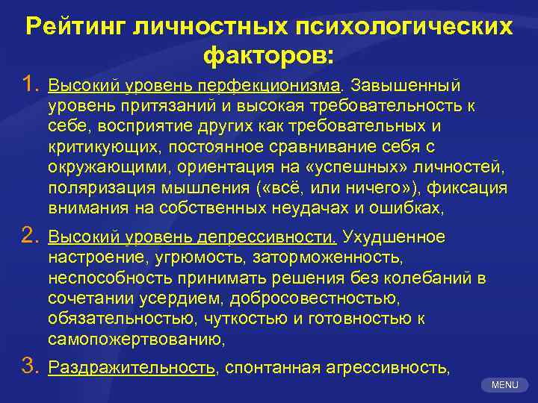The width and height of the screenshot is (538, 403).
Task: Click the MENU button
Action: coord(504,385)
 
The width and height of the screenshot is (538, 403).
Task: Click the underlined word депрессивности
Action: coord(269,237)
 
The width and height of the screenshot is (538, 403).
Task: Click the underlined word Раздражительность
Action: coord(132,367)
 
